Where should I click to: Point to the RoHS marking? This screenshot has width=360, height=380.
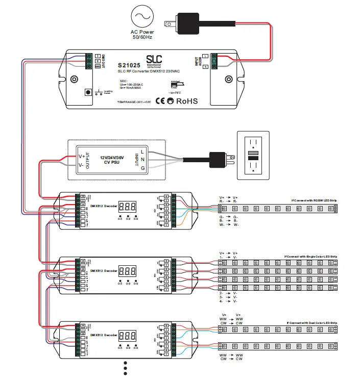coord(187,101)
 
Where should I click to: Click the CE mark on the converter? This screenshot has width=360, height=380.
coord(160,101)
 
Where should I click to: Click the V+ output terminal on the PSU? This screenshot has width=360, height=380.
coord(81,156)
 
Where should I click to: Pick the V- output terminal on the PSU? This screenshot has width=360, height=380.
coord(81,165)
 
